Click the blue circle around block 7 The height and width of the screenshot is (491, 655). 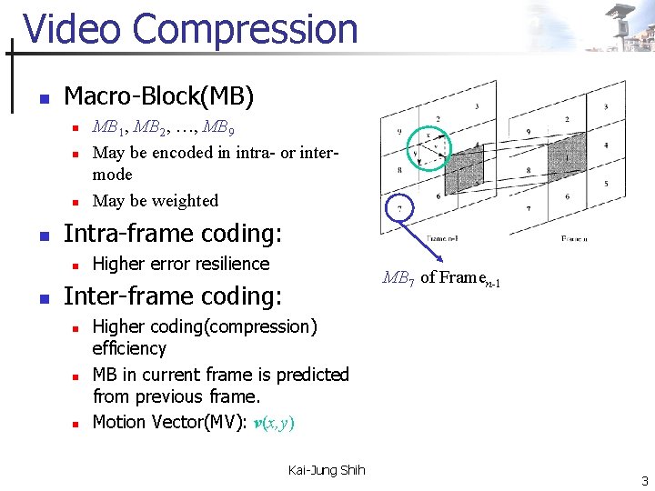(398, 209)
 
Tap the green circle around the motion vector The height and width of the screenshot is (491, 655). (430, 146)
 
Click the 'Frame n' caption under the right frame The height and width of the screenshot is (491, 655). (574, 239)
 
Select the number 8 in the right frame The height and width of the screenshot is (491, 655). (529, 170)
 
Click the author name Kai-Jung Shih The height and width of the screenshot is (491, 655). (326, 470)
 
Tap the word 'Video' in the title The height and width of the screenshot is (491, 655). (69, 29)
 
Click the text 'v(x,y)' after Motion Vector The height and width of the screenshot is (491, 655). (274, 423)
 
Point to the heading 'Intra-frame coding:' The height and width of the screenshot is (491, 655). (172, 234)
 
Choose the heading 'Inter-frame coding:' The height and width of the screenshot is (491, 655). (173, 296)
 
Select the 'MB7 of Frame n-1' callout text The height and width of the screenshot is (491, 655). (442, 278)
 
